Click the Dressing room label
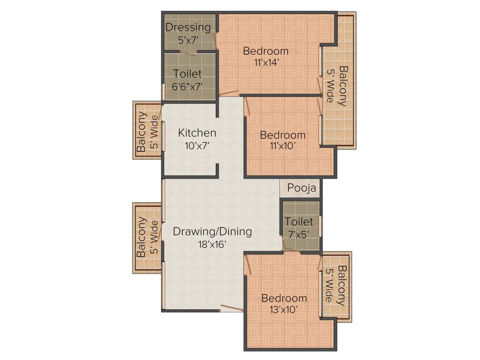[x=188, y=27]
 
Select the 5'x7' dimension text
[x=188, y=40]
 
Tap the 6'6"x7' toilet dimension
[x=187, y=86]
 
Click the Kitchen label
[x=197, y=133]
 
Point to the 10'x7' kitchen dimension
[x=197, y=146]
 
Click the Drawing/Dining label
[x=212, y=231]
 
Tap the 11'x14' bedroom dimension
[x=266, y=63]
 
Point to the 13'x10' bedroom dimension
[x=284, y=310]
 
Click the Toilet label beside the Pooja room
[x=300, y=221]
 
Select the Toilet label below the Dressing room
[x=187, y=74]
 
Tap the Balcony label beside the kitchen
[x=141, y=132]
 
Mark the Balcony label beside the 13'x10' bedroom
[x=343, y=286]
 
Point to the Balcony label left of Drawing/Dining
[x=141, y=237]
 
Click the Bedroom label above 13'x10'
[x=284, y=298]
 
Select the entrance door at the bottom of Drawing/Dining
[x=231, y=308]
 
